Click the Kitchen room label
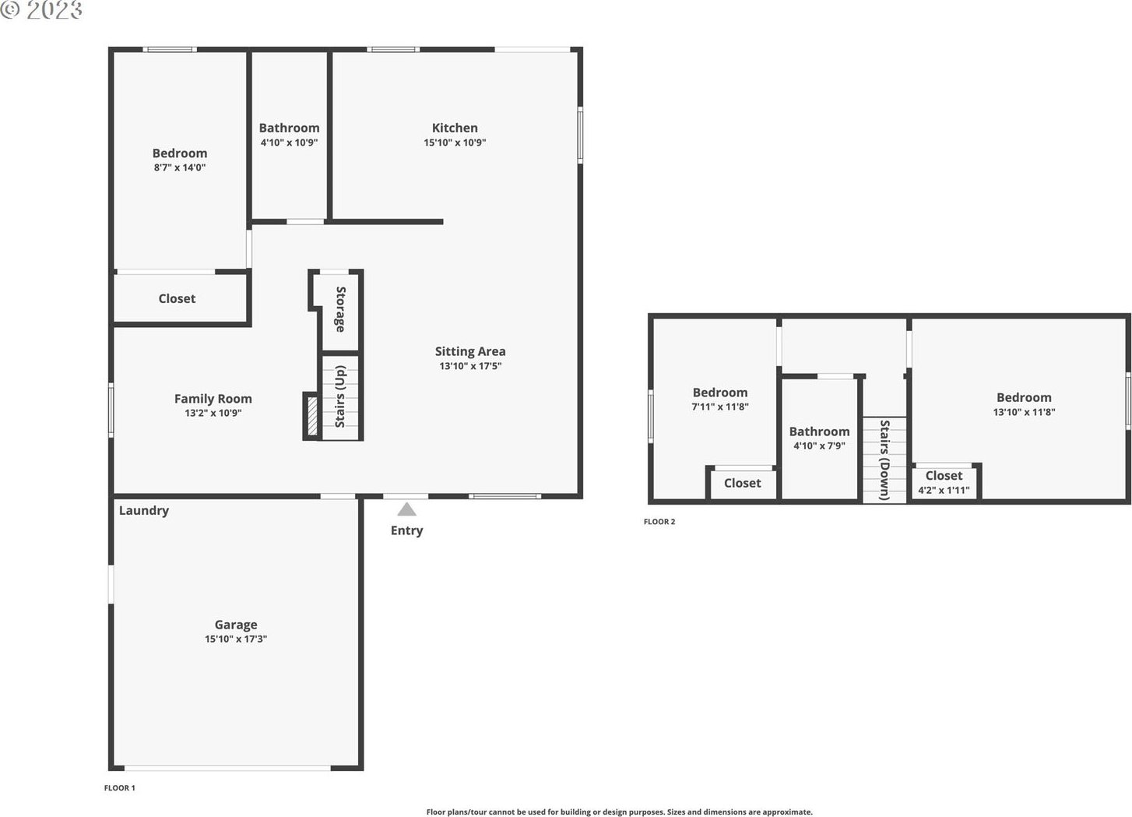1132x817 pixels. [455, 128]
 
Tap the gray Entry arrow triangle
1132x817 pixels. [407, 509]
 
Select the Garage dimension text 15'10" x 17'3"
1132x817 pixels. [235, 639]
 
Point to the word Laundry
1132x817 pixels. [144, 511]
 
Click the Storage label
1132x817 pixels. [341, 309]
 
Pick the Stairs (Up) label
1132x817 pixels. [340, 396]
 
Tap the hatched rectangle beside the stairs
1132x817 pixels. [312, 417]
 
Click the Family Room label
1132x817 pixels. [213, 399]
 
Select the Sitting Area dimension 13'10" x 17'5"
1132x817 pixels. [470, 366]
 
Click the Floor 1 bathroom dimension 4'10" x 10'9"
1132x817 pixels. [289, 143]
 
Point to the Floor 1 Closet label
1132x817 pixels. [177, 299]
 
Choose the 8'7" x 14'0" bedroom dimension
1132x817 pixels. [180, 168]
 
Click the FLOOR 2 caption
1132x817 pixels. [659, 522]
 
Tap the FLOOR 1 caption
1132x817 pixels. [119, 787]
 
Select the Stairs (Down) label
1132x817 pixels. [884, 460]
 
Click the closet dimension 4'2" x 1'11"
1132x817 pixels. [944, 490]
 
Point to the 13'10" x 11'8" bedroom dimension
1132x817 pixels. [1024, 412]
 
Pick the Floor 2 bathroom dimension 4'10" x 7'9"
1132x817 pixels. [819, 446]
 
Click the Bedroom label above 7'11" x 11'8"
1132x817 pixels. [720, 393]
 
